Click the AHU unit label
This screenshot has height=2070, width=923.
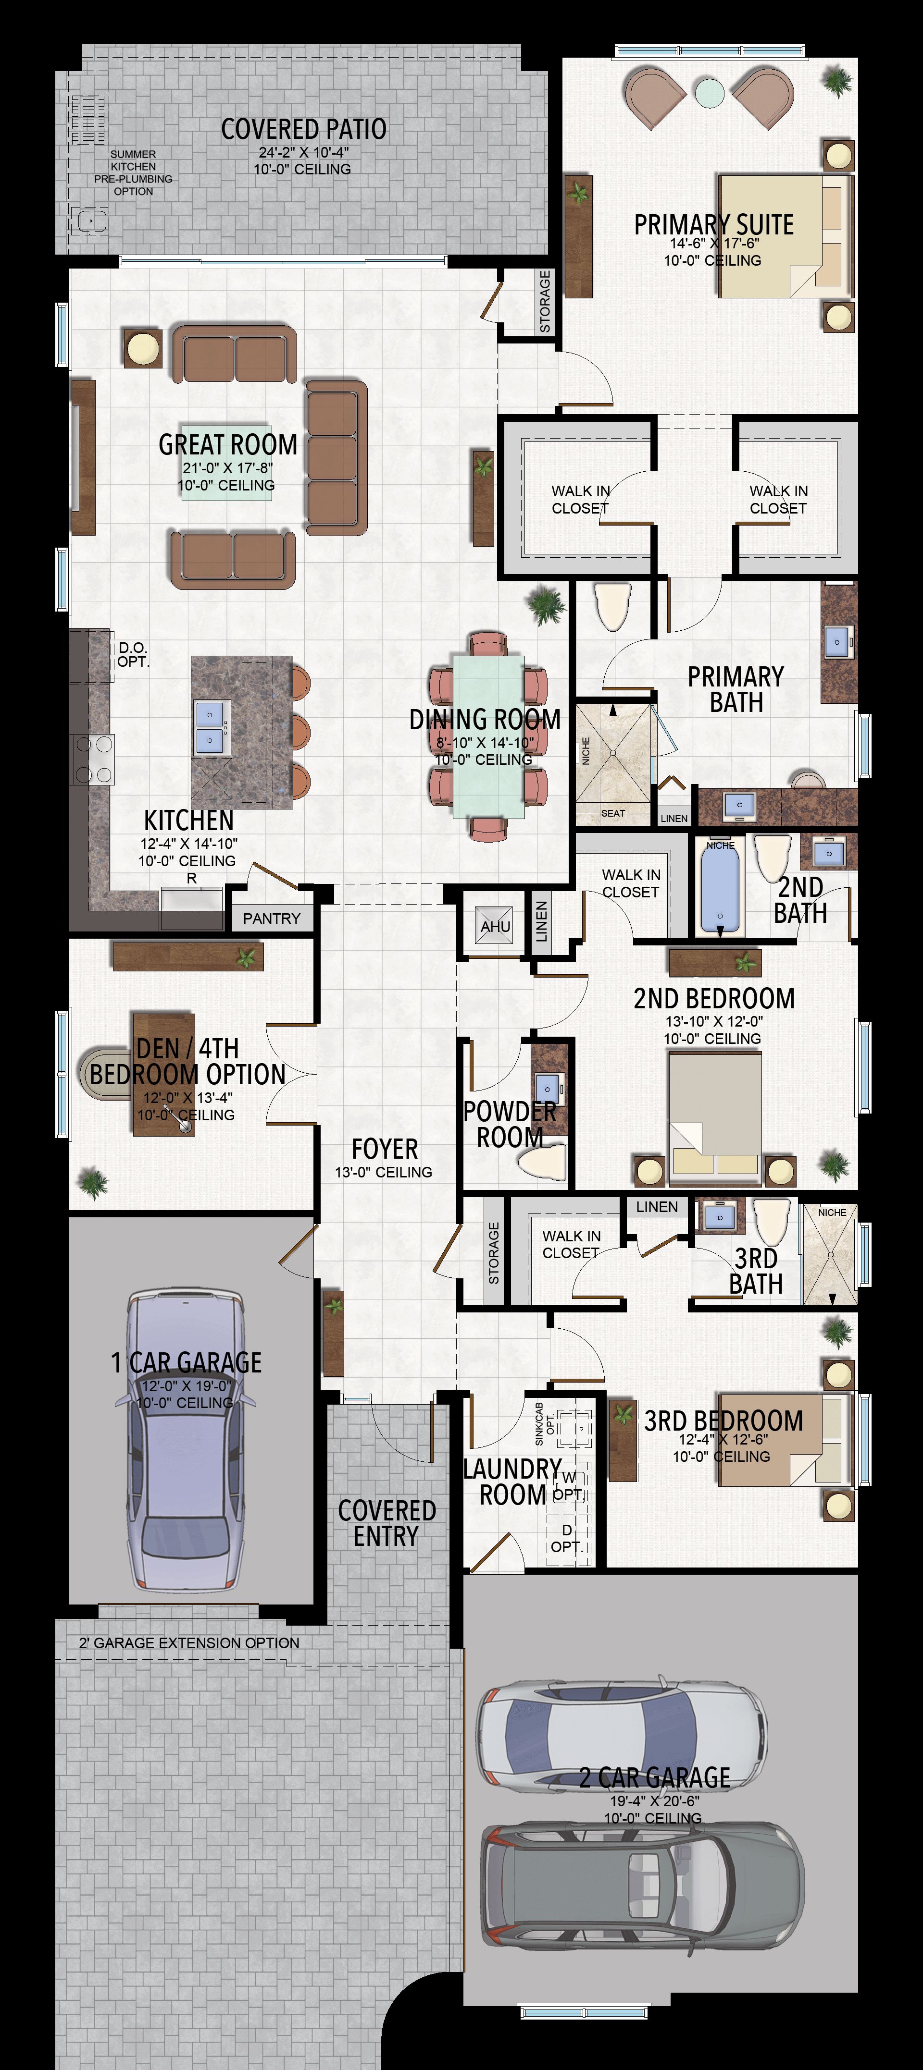(x=495, y=927)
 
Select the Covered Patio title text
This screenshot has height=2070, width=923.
(x=304, y=129)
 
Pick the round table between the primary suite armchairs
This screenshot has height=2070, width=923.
(x=709, y=92)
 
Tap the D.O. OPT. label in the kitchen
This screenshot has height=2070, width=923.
(x=134, y=655)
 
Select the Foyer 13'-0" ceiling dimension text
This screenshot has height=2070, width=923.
(x=384, y=1173)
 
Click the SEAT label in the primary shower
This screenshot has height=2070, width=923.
(x=612, y=813)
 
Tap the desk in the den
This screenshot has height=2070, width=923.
(x=164, y=1074)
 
